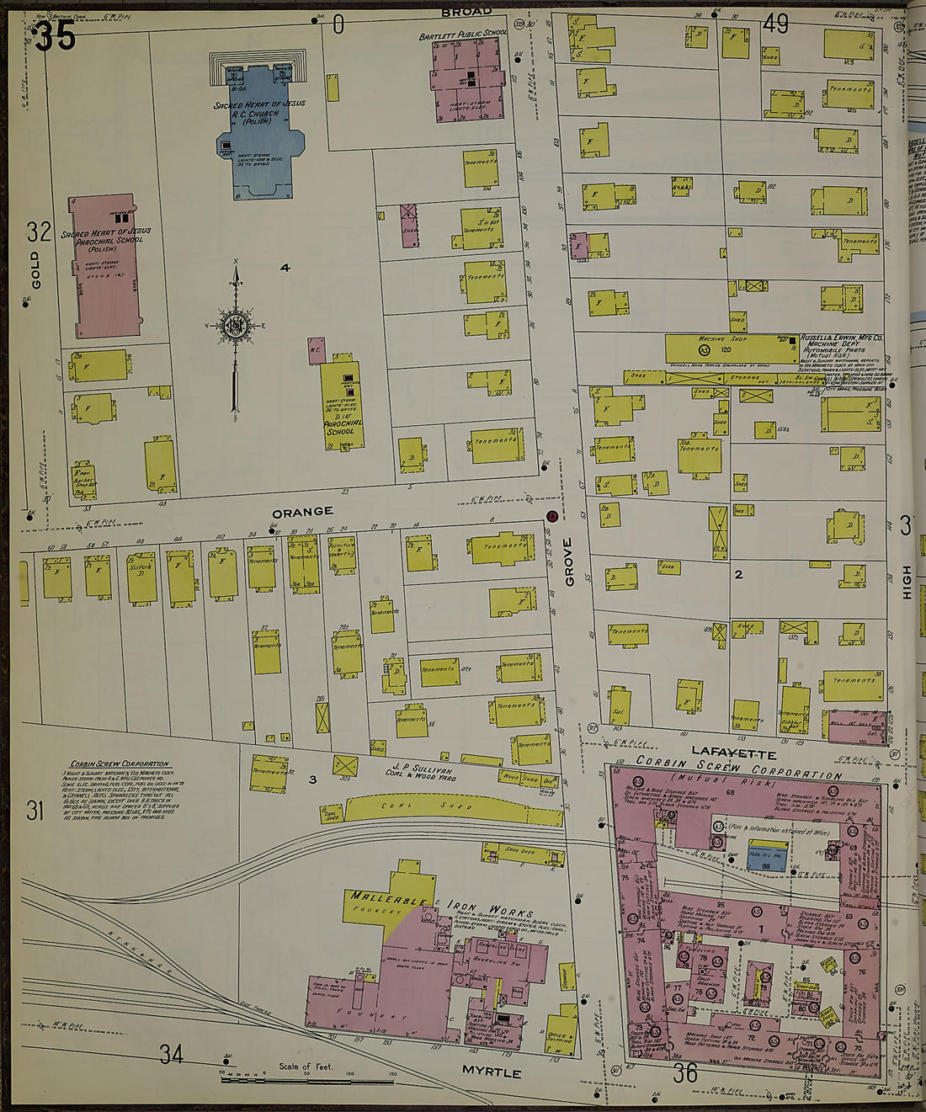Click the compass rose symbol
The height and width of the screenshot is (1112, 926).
pyautogui.click(x=235, y=325)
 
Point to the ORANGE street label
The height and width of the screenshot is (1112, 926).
pyautogui.click(x=302, y=512)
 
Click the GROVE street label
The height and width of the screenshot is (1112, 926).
pyautogui.click(x=569, y=561)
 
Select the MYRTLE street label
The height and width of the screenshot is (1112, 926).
pyautogui.click(x=492, y=1072)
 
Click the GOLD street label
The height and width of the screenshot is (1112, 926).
pyautogui.click(x=35, y=269)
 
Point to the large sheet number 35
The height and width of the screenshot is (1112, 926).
pyautogui.click(x=56, y=37)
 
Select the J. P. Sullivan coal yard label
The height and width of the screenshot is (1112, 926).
pyautogui.click(x=423, y=771)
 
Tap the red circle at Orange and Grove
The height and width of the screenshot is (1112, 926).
pyautogui.click(x=551, y=515)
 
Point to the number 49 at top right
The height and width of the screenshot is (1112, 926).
pyautogui.click(x=775, y=24)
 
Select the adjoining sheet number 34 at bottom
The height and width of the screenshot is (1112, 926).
pyautogui.click(x=171, y=1053)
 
